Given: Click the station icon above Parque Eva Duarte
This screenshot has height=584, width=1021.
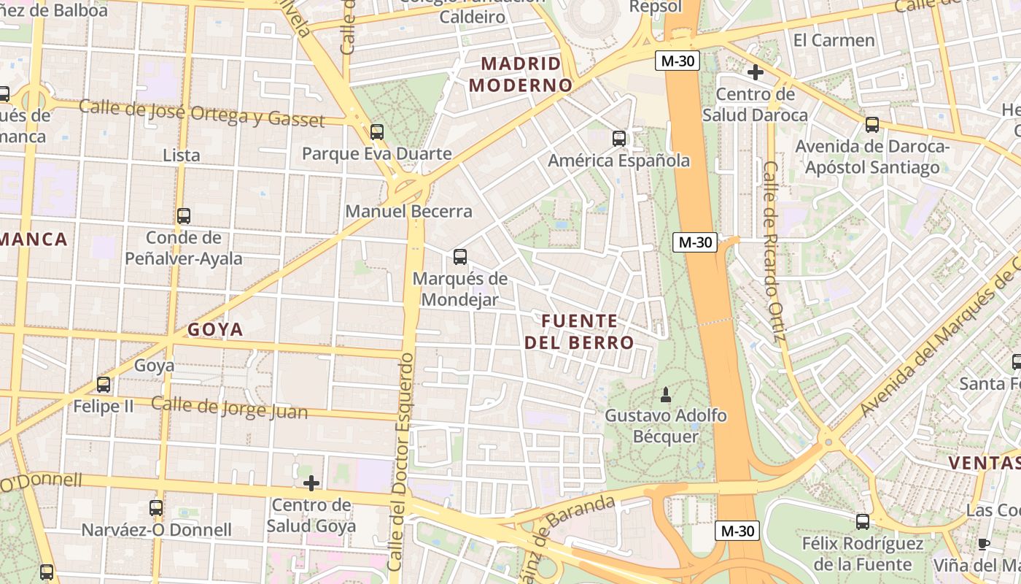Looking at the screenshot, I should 376,132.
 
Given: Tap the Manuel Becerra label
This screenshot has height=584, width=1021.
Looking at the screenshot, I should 408,212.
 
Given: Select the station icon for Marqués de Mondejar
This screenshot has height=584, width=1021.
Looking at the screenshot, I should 459,257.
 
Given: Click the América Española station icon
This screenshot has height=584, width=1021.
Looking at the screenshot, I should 619,138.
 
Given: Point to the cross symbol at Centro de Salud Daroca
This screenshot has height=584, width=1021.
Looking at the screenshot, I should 756,72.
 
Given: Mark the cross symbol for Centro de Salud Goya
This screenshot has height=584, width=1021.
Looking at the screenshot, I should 311,483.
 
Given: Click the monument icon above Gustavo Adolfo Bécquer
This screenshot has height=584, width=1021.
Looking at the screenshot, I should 665,396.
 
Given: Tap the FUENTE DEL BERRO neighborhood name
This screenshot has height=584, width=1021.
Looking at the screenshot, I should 579,331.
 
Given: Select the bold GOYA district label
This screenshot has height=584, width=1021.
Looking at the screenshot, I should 215,330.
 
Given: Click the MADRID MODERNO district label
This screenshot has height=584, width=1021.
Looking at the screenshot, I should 521,74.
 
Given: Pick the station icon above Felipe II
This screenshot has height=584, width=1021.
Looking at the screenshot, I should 104,384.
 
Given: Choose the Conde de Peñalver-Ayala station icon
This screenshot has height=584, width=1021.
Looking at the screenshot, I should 184,216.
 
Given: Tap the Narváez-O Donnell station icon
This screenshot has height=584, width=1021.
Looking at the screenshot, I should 156,508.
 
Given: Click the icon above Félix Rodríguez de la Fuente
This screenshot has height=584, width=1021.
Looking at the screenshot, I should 863,521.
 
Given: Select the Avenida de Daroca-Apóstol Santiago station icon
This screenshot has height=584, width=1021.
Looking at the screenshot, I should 872,125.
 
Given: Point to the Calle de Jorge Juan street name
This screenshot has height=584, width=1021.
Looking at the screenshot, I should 229,408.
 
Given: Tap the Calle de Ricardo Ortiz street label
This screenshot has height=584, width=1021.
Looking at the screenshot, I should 774,251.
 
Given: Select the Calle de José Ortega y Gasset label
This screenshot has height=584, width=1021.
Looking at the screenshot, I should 201,114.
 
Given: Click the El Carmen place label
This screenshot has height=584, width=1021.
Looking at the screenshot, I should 834,40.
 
